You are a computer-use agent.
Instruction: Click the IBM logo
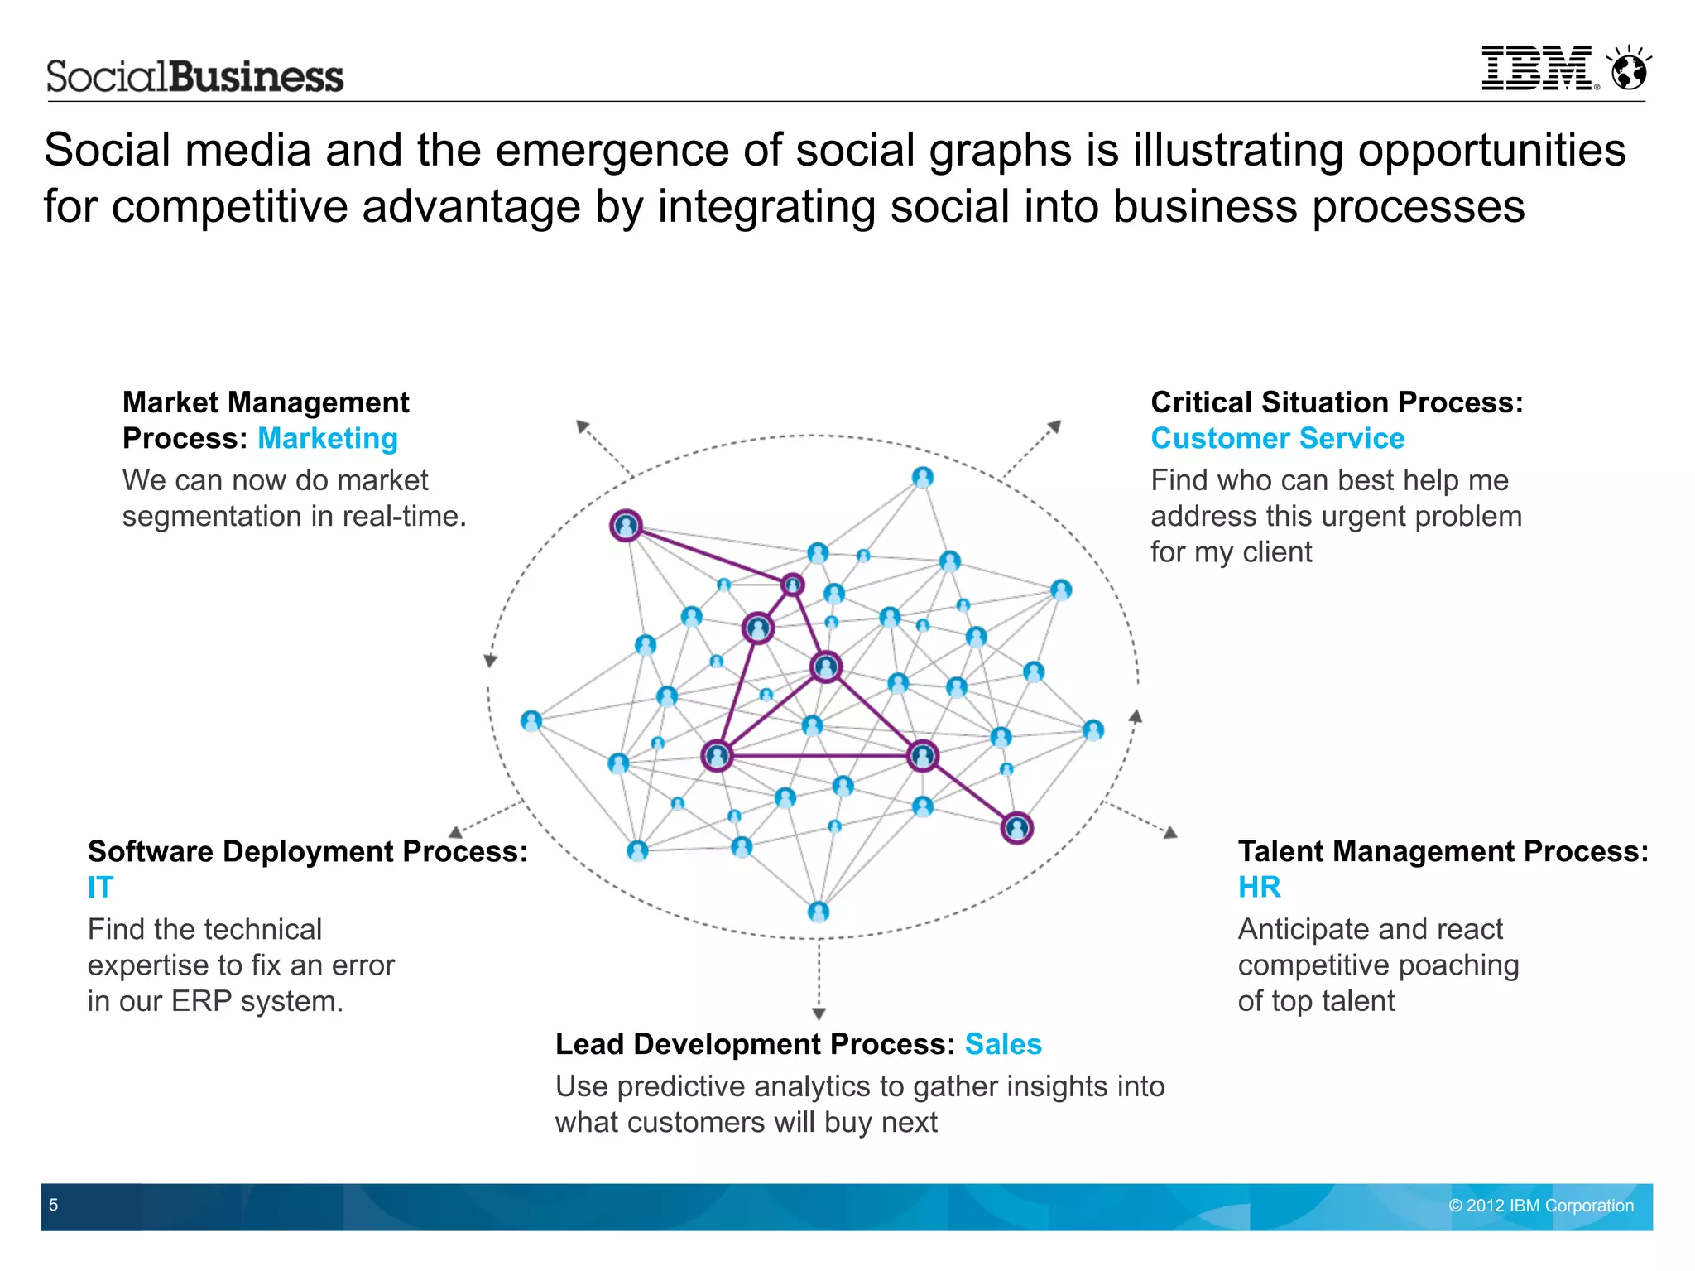coord(1538,68)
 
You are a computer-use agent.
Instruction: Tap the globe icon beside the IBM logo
coord(1629,69)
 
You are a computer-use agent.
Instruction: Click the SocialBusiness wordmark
coord(194,77)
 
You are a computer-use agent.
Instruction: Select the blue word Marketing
coord(328,438)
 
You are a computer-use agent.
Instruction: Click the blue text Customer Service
coord(1277,438)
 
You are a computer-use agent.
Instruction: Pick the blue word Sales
coord(1002,1044)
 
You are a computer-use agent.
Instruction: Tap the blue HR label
coord(1259,887)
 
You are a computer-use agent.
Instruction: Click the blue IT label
coord(100,887)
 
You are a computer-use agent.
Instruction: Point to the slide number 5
coord(54,1205)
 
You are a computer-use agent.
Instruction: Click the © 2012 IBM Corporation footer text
coord(1540,1206)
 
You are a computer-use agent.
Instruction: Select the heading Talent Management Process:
coord(1443,851)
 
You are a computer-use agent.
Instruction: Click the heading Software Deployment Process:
coord(307,851)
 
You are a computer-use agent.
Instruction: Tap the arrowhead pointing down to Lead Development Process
coord(819,1013)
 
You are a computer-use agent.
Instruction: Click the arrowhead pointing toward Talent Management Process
coord(1169,832)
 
